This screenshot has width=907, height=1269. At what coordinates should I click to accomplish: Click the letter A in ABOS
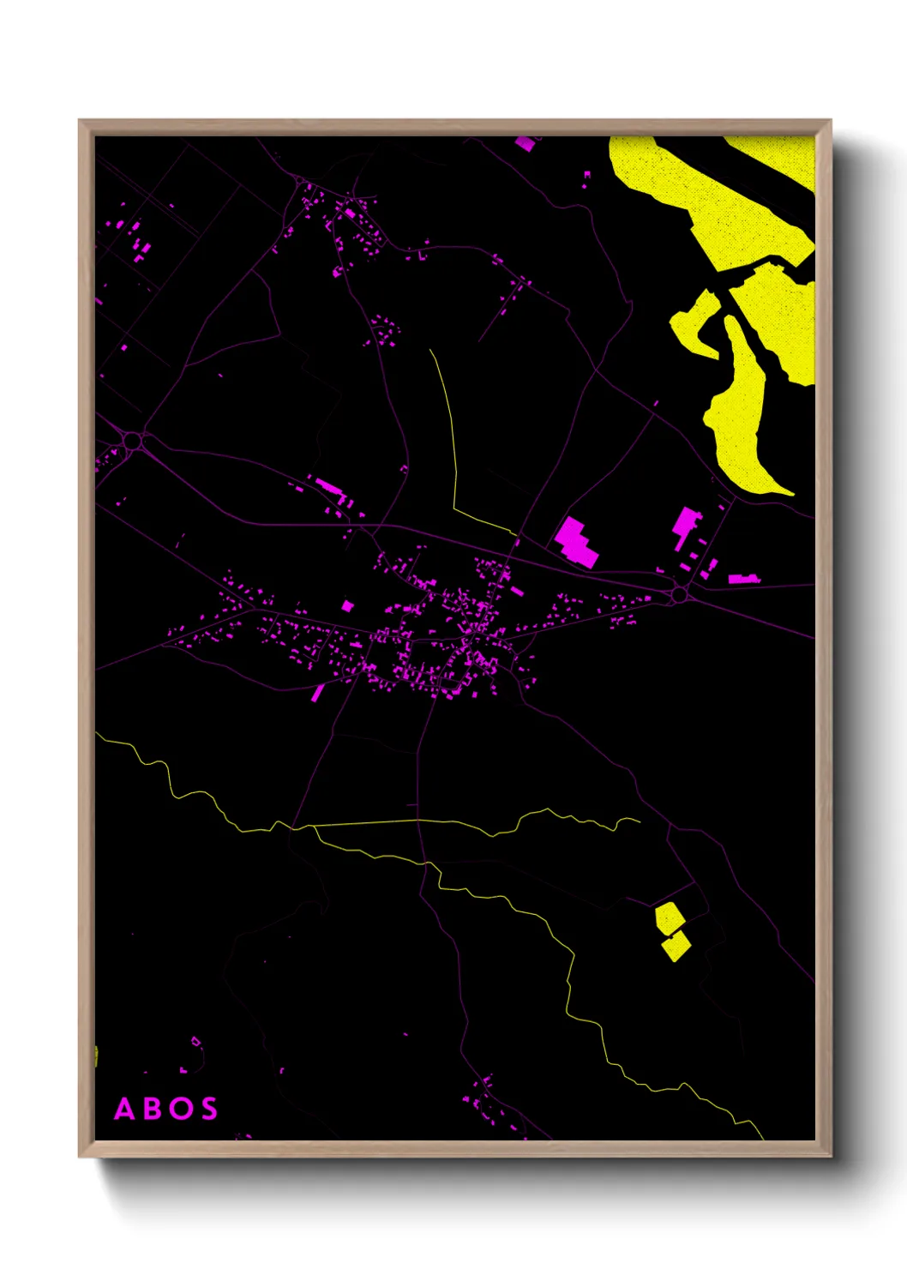(x=125, y=1109)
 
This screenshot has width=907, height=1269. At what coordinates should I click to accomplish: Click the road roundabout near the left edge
(x=132, y=441)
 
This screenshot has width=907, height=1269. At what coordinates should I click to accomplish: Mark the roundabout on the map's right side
(x=680, y=593)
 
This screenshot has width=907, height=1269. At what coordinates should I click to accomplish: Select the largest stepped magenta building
(x=576, y=542)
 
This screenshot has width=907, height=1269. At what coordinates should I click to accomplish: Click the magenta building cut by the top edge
(x=525, y=142)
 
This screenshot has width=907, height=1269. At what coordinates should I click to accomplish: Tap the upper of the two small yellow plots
(x=669, y=917)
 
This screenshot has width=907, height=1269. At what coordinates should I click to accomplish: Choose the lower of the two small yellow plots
(x=676, y=946)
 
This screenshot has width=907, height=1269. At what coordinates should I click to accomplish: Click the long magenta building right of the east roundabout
(x=742, y=580)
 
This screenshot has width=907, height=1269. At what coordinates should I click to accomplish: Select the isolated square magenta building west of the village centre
(x=347, y=606)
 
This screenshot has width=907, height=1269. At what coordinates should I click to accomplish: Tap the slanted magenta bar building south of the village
(x=317, y=693)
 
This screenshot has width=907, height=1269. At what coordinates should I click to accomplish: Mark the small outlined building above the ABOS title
(x=196, y=1042)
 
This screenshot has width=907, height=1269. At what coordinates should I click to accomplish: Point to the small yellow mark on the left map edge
(x=96, y=1056)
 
